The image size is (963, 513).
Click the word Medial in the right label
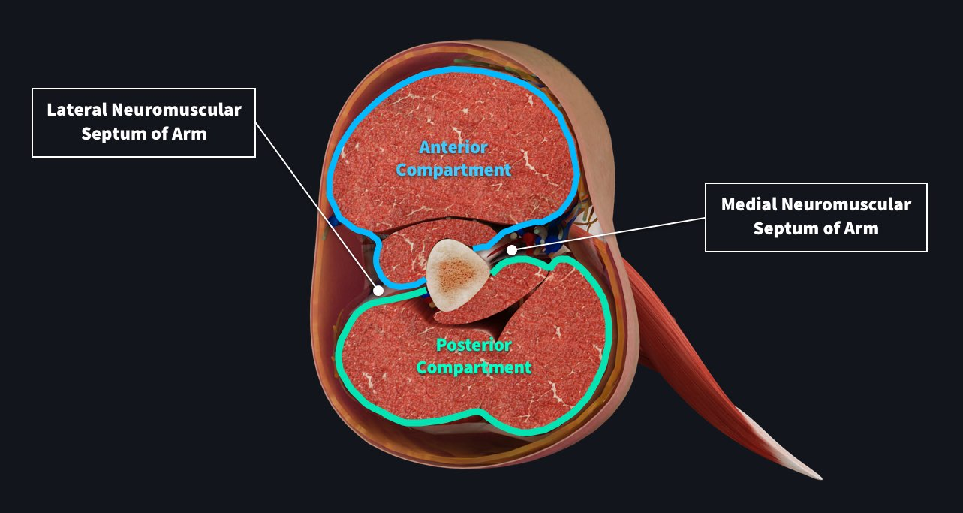(x=748, y=204)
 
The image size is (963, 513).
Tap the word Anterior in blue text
(x=453, y=147)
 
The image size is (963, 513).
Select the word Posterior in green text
(x=474, y=346)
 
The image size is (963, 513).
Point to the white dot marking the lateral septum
(x=379, y=290)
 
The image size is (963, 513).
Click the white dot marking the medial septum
(x=511, y=249)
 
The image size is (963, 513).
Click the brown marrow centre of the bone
(x=453, y=275)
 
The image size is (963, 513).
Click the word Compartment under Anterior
(x=453, y=170)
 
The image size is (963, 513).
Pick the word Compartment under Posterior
(x=474, y=368)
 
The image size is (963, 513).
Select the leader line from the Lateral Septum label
(x=315, y=203)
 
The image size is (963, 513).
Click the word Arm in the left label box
(x=189, y=134)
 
